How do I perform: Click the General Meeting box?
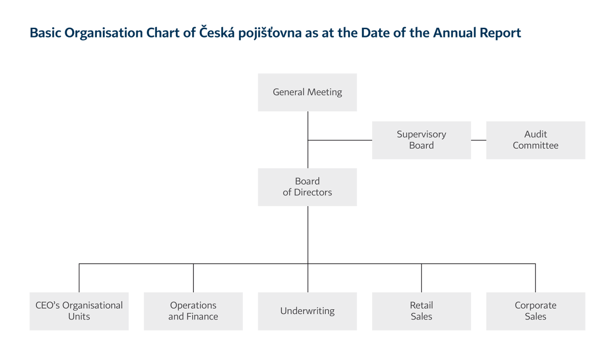pyautogui.click(x=307, y=92)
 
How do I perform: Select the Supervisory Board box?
pyautogui.click(x=421, y=140)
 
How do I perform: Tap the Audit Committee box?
pyautogui.click(x=536, y=140)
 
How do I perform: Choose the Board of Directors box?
pyautogui.click(x=307, y=187)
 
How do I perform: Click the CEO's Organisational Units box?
pyautogui.click(x=79, y=311)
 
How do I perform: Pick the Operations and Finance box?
pyautogui.click(x=193, y=311)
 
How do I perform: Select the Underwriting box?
pyautogui.click(x=307, y=311)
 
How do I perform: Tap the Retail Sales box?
pyautogui.click(x=421, y=311)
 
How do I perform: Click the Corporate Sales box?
pyautogui.click(x=536, y=311)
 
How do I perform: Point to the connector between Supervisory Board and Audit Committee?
pyautogui.click(x=478, y=140)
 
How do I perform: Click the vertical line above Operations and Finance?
pyautogui.click(x=193, y=278)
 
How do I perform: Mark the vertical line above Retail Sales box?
pyautogui.click(x=421, y=278)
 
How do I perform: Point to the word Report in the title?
pyautogui.click(x=500, y=33)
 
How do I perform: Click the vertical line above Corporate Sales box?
pyautogui.click(x=536, y=278)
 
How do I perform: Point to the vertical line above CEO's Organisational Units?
pyautogui.click(x=79, y=278)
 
